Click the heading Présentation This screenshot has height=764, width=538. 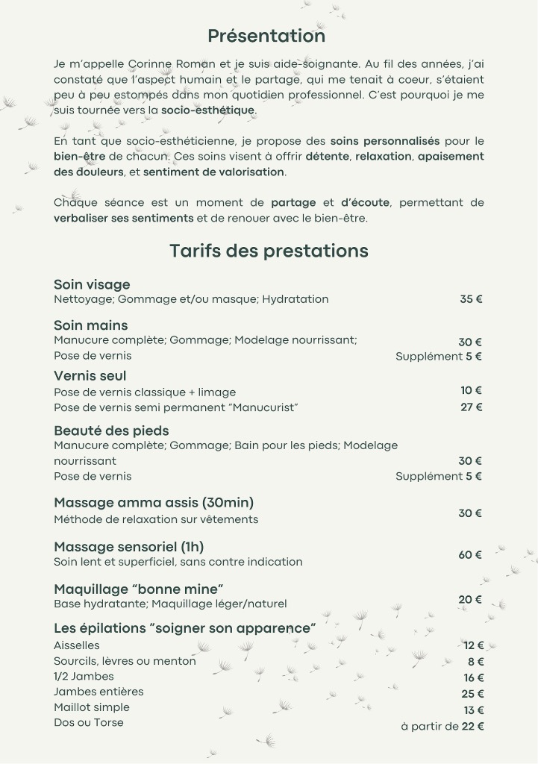click(x=266, y=36)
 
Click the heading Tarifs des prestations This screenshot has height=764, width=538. click(x=269, y=251)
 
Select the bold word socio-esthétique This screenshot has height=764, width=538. click(x=208, y=110)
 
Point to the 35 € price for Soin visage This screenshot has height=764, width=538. click(x=471, y=299)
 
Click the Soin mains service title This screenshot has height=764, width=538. click(x=90, y=325)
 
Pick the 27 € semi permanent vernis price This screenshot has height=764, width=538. click(x=471, y=407)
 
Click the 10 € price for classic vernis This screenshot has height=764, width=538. click(x=471, y=390)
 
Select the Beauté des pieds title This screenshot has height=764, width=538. click(x=111, y=430)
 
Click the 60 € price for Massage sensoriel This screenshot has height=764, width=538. click(x=470, y=555)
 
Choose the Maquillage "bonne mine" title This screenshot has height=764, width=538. click(x=139, y=589)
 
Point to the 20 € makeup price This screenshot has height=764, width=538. click(x=470, y=600)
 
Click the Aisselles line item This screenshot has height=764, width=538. click(x=76, y=645)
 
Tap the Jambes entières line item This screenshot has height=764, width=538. click(x=98, y=692)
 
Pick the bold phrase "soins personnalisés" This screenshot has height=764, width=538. click(x=385, y=141)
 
